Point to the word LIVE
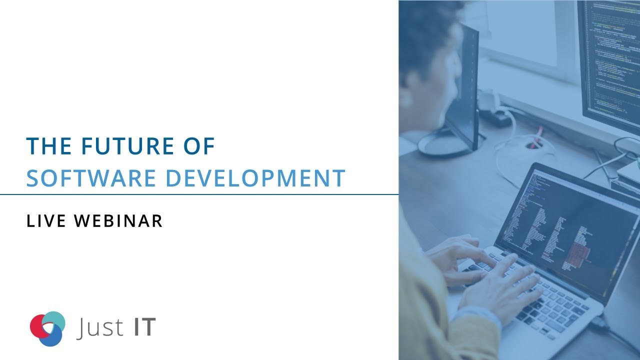coord(46,221)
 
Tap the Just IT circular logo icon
coord(47,328)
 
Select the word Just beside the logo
coord(100,327)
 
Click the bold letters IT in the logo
coord(145,327)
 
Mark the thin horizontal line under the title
coord(200,194)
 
